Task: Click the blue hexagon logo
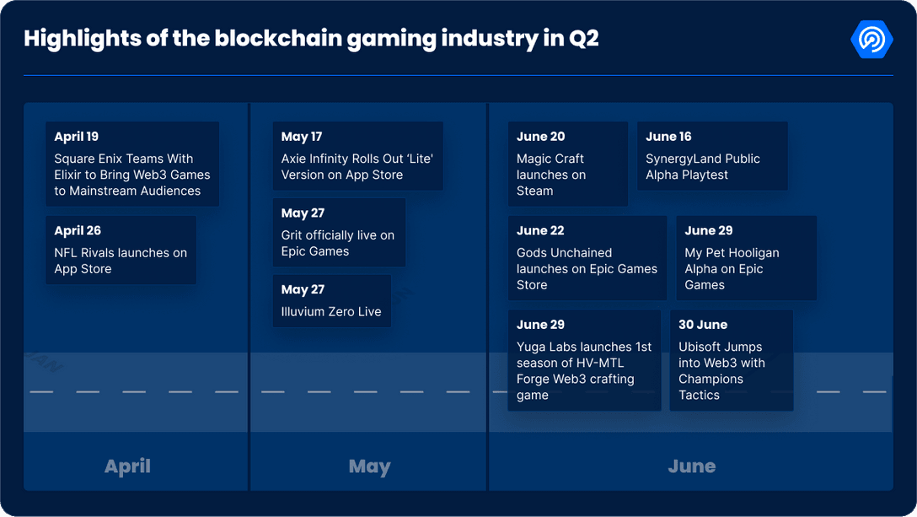[x=871, y=40]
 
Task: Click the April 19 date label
[x=77, y=137]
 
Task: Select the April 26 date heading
[x=78, y=230]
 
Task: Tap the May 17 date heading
[x=302, y=137]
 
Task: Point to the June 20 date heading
[x=541, y=137]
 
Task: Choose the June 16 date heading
[x=668, y=137]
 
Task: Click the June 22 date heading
[x=540, y=230]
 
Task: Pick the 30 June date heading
[x=703, y=325]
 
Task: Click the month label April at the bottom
[x=127, y=466]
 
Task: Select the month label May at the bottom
[x=369, y=466]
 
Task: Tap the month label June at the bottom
[x=691, y=466]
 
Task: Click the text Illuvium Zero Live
[x=331, y=311]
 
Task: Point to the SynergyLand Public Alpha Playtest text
[x=703, y=167]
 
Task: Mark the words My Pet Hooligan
[x=732, y=252]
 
